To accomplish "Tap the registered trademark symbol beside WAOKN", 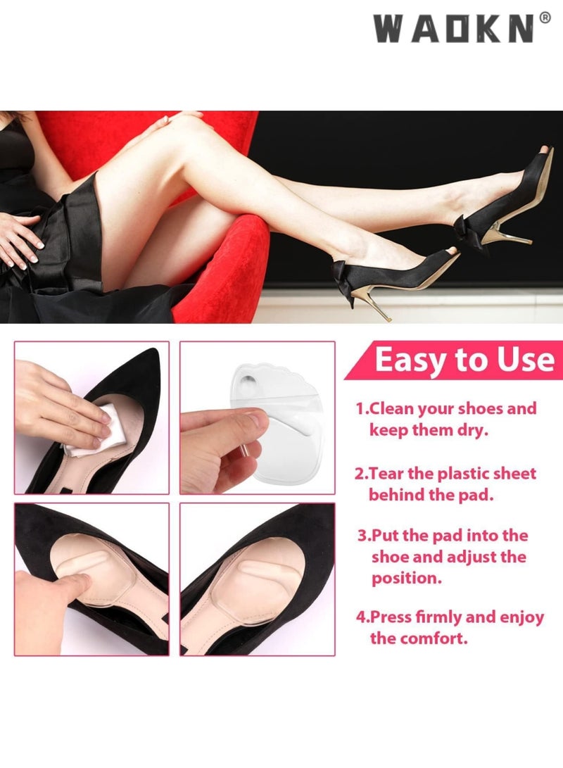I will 545,19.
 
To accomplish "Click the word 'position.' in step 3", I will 404,579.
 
